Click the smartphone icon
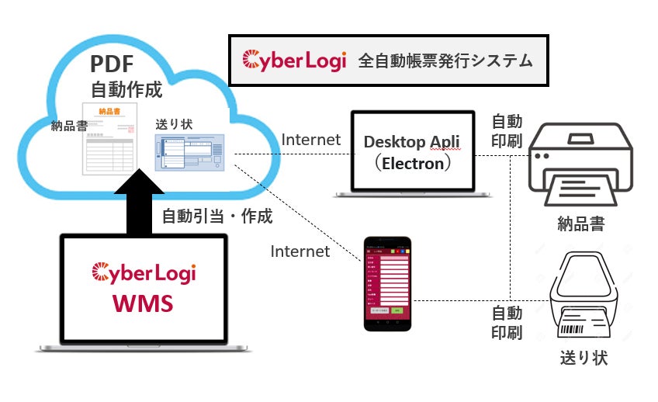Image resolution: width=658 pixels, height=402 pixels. point(387,282)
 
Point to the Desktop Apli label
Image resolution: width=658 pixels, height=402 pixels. point(412,142)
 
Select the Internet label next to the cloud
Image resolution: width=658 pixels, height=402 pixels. point(311,140)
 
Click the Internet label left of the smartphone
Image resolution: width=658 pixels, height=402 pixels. point(300,251)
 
